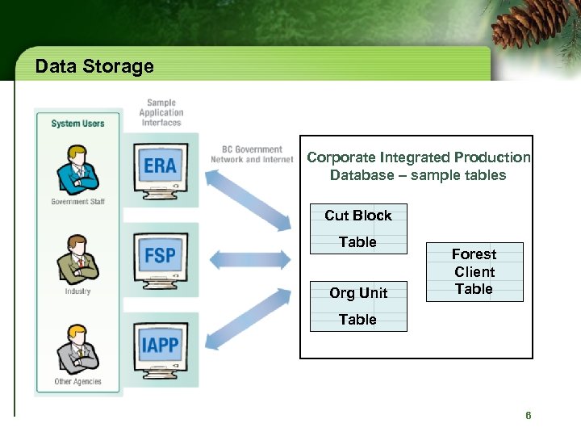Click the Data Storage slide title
[94, 66]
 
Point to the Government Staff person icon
[78, 170]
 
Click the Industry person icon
[78, 259]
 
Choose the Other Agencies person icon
[78, 349]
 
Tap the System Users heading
[77, 124]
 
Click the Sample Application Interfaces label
[161, 113]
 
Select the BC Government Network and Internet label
[252, 154]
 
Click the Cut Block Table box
[358, 228]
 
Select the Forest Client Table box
[474, 272]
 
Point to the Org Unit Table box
[358, 306]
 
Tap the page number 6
[528, 416]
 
